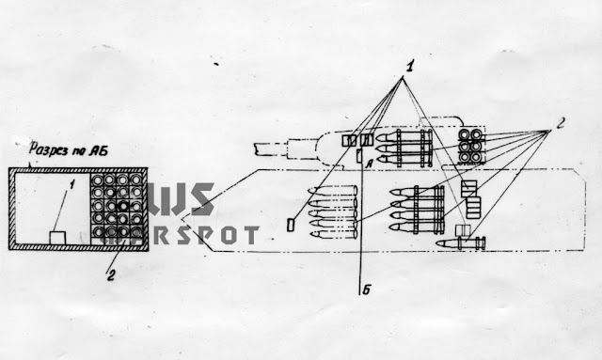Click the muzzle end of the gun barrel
pyautogui.click(x=255, y=148)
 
